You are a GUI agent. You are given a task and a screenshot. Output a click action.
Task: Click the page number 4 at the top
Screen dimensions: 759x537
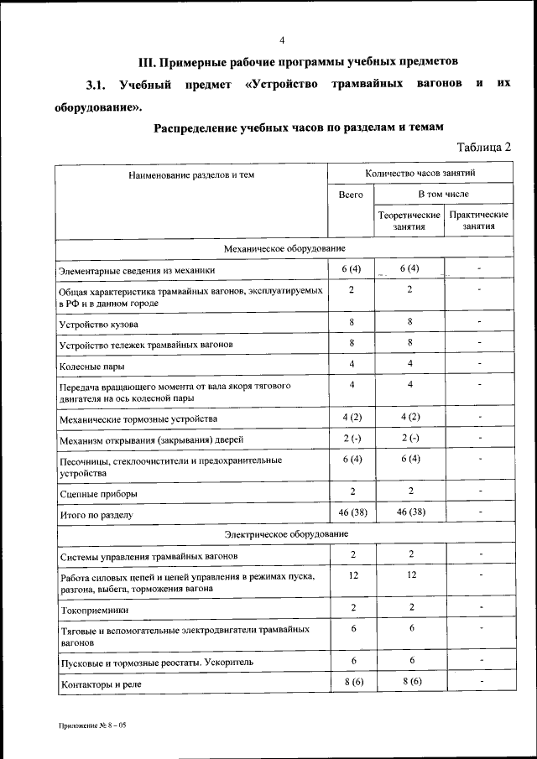point(282,40)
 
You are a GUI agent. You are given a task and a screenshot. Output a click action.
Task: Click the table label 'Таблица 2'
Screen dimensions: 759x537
point(483,147)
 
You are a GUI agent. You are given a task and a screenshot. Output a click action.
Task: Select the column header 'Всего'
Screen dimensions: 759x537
point(351,195)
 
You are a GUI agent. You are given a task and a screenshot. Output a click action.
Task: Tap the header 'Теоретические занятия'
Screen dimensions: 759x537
point(408,221)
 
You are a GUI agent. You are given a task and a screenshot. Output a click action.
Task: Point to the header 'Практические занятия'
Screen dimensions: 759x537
point(479,221)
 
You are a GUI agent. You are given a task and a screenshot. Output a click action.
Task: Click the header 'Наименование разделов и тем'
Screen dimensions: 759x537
point(191,175)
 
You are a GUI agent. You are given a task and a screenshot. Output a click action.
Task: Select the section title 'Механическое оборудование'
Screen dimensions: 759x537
point(284,249)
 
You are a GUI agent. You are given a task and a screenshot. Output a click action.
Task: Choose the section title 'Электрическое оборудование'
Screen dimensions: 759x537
point(284,534)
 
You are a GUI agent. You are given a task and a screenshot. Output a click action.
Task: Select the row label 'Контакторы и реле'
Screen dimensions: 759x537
point(102,685)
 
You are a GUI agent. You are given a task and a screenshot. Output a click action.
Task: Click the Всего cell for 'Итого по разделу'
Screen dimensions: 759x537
point(352,512)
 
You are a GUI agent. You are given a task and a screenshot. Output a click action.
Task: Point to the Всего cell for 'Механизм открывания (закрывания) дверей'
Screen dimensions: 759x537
point(352,438)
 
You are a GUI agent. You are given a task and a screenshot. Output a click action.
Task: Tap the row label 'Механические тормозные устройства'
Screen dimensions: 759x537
point(138,418)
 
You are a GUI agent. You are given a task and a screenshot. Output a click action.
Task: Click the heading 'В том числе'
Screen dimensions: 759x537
point(444,195)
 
